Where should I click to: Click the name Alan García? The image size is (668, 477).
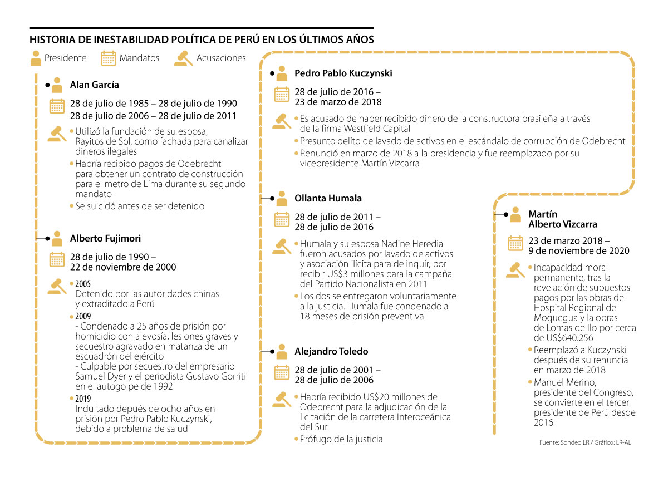coord(94,85)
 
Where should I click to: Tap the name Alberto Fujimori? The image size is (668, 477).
coord(105,238)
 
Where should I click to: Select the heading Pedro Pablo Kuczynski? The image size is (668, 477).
coord(343,73)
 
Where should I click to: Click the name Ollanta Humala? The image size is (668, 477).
coord(328,198)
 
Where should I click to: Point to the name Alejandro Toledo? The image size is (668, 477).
coord(331,351)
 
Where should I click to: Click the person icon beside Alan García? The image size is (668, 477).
coord(57,85)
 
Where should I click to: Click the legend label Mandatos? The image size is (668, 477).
coord(139,58)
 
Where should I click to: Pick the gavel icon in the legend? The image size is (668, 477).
coord(183,58)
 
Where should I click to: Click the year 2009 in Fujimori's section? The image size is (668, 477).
coord(83,316)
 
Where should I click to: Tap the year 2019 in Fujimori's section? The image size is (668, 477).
coord(83,399)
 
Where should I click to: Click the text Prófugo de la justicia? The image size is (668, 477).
coord(341,439)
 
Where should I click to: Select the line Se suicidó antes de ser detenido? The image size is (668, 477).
coord(140,206)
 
